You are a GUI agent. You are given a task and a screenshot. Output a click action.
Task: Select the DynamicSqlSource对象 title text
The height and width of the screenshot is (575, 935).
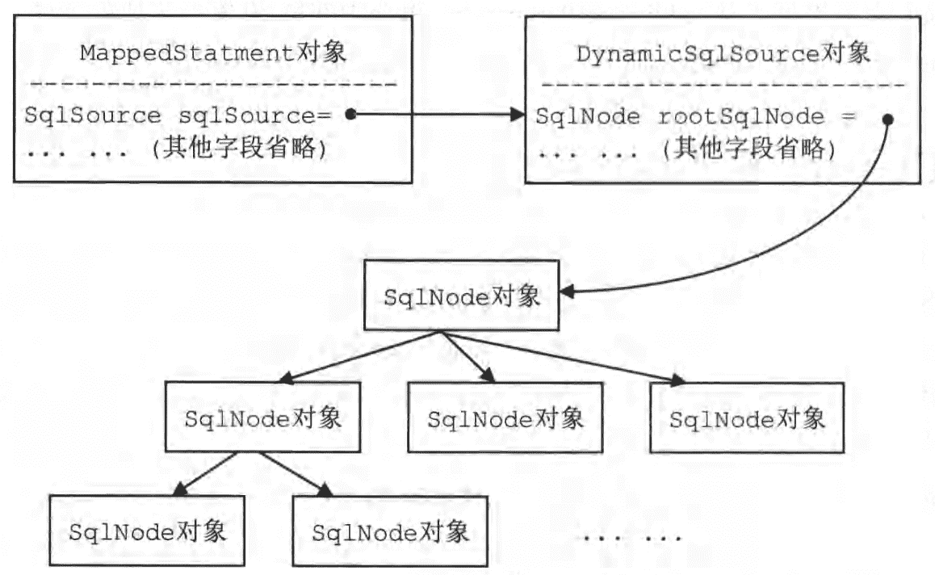click(x=723, y=54)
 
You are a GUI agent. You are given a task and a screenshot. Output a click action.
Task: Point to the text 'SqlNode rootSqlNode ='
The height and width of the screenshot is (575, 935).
click(x=694, y=117)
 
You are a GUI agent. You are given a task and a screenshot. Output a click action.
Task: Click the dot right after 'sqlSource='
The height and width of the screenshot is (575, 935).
click(x=350, y=115)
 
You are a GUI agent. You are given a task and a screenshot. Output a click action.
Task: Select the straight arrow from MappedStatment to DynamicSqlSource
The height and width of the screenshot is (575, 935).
click(x=436, y=115)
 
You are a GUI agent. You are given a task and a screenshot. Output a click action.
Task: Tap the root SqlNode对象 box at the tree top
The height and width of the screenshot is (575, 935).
click(x=462, y=296)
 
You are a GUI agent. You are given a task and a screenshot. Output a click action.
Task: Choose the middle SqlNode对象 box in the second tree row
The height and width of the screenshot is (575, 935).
click(x=505, y=418)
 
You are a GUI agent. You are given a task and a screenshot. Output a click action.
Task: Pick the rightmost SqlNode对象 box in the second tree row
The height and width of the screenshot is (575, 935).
click(x=747, y=418)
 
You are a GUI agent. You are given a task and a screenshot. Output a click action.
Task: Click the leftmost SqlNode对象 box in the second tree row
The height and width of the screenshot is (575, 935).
click(x=262, y=418)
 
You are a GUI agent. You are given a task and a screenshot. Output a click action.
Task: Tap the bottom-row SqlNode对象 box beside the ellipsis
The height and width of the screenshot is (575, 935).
click(x=390, y=531)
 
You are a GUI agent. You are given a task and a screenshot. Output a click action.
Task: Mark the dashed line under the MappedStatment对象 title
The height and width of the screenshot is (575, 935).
click(x=212, y=84)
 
